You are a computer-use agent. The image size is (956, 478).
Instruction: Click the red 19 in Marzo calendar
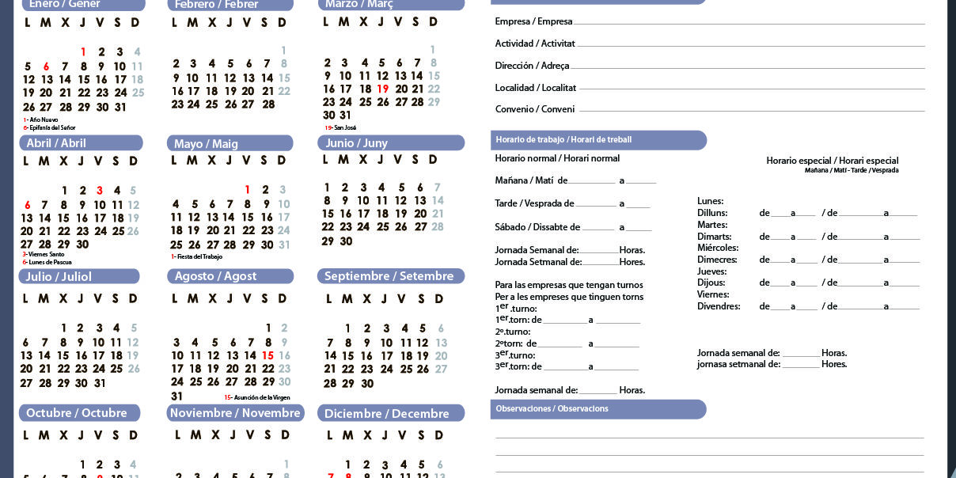coord(383,89)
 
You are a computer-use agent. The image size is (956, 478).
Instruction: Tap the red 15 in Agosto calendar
coord(267,356)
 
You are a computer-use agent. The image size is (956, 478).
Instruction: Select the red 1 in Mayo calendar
coord(247,190)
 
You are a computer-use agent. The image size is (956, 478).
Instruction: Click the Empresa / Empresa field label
coord(533,21)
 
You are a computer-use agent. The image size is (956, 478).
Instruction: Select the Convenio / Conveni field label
coord(535,109)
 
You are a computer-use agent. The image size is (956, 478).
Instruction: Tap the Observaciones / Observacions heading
coord(552,409)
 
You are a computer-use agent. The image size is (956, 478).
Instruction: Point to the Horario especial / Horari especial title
coord(832,161)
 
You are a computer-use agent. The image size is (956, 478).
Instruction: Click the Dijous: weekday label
coord(712,283)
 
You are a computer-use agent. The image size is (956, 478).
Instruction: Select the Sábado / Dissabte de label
coord(537,228)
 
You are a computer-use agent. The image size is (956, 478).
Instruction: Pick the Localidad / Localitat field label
coord(536,88)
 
